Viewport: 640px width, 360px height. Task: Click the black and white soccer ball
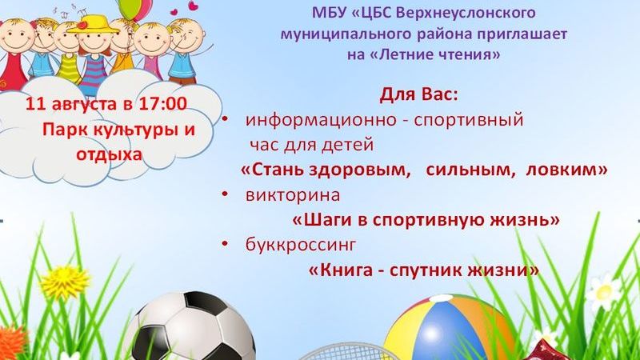pos(193,326)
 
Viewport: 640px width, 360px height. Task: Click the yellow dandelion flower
pos(65,282)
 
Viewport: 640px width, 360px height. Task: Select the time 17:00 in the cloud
pos(162,103)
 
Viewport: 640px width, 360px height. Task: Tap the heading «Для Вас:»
pos(418,95)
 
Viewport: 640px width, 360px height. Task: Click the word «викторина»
pos(293,195)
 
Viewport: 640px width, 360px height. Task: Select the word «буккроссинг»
pos(301,245)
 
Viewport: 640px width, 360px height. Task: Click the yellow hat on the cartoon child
pos(93,25)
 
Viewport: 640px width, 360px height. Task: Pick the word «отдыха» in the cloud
pos(109,154)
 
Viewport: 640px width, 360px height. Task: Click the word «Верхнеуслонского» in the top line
pos(466,13)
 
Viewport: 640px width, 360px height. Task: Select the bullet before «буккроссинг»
pos(225,244)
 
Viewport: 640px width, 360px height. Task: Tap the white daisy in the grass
pos(603,291)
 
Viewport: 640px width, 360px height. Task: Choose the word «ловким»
pos(566,170)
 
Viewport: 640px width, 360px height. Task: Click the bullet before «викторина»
pos(225,194)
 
